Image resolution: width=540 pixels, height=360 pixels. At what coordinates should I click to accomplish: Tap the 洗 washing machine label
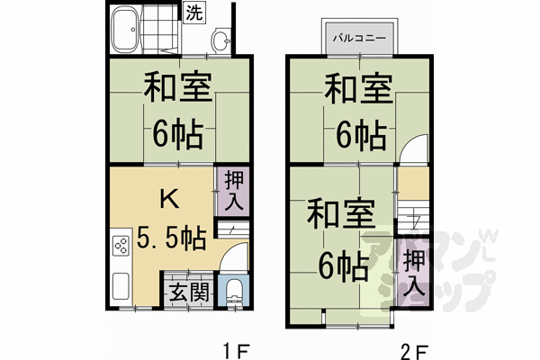point(193,13)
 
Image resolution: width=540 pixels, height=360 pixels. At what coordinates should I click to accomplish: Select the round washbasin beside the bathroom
point(221,40)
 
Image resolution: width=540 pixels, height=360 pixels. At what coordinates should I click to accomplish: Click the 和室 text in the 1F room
point(178,92)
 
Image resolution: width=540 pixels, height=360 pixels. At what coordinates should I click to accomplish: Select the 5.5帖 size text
point(171,238)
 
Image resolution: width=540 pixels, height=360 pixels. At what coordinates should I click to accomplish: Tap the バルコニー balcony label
point(357,39)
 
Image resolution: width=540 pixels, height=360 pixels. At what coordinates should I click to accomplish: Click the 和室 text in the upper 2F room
point(358,92)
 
